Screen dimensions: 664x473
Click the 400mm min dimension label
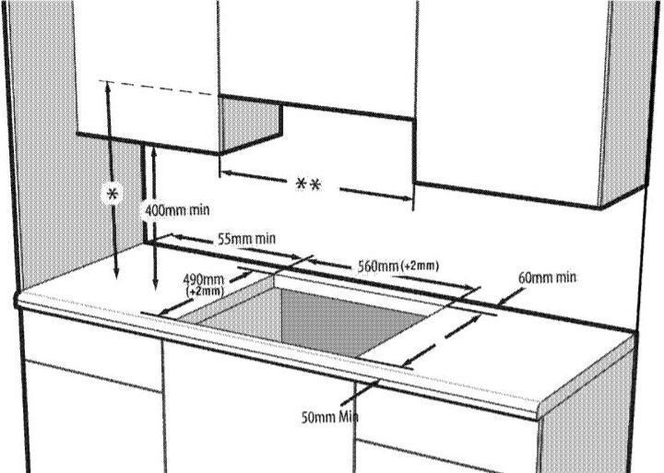(x=177, y=210)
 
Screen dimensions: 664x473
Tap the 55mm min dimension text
(x=246, y=239)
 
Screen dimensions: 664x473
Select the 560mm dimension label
(x=378, y=266)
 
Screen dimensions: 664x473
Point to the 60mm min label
(x=547, y=278)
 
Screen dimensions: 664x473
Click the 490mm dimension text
(x=203, y=279)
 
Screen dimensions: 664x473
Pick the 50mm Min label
(x=330, y=417)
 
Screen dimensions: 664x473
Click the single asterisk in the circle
(x=113, y=195)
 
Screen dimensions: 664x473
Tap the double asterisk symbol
(x=308, y=184)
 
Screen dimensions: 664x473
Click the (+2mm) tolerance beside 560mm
(x=420, y=266)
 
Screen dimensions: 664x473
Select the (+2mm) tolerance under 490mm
(x=205, y=290)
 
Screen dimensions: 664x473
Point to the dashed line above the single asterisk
(x=157, y=88)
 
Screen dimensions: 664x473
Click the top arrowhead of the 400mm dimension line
(x=154, y=151)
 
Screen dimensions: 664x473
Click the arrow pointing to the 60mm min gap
(x=512, y=296)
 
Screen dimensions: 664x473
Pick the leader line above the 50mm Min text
(x=360, y=393)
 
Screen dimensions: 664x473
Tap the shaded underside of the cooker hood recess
(x=251, y=124)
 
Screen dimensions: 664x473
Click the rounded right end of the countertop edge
(x=539, y=410)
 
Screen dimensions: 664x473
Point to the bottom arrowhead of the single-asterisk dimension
(x=116, y=275)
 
